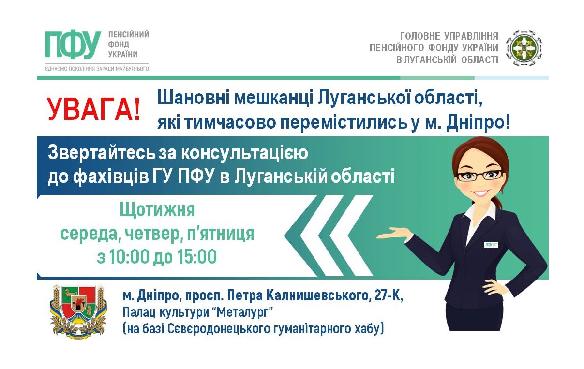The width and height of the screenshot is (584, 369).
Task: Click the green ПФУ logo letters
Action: tap(73, 44)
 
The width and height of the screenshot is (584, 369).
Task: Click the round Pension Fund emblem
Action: tap(524, 48)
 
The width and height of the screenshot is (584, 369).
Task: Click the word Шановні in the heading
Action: tap(194, 99)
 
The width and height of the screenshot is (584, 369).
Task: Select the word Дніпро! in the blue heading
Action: tap(478, 122)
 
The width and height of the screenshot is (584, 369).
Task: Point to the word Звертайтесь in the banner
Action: tap(101, 153)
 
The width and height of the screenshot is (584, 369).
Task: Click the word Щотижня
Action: tap(157, 210)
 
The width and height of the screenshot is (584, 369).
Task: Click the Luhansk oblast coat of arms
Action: tap(78, 312)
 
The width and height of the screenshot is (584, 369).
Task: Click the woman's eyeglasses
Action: tap(479, 175)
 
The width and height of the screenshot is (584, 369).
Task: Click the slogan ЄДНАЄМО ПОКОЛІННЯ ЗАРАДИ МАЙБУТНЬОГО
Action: tap(97, 69)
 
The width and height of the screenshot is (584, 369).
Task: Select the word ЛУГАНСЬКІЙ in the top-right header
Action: tap(429, 60)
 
